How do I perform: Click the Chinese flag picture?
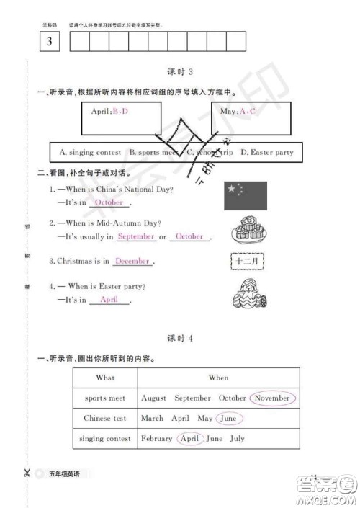[245, 196]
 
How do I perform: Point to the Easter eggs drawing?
[246, 295]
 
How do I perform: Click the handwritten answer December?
[132, 262]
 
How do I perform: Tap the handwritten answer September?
[136, 236]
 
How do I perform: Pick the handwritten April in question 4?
[109, 300]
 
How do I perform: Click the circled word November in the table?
[274, 398]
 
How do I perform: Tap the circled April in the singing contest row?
[189, 438]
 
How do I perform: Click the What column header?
[105, 378]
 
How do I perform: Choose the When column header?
[218, 378]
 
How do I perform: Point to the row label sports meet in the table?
[105, 398]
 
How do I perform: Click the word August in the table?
[154, 398]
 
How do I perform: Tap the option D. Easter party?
[266, 153]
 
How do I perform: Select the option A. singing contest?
[90, 153]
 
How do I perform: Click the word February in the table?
[157, 438]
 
